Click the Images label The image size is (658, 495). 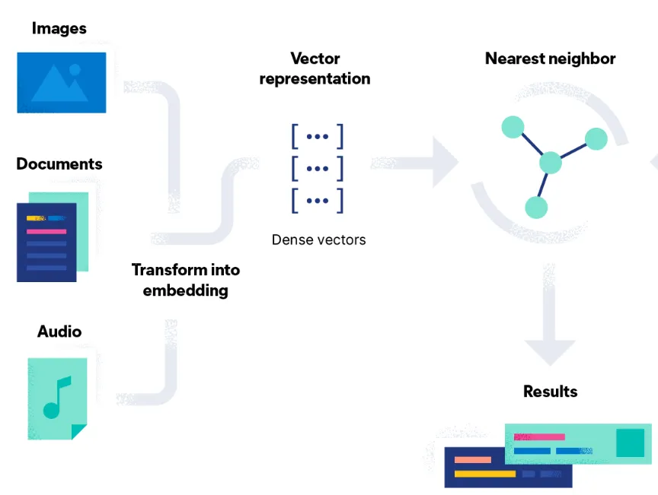59,29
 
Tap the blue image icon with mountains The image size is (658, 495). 62,82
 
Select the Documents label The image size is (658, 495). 59,164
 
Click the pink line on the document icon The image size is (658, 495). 46,231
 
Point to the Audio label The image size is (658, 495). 59,332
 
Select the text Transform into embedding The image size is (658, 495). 186,280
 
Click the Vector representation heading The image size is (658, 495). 315,68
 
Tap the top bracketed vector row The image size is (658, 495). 317,136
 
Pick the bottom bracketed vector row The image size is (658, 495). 317,201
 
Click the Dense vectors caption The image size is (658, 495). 318,240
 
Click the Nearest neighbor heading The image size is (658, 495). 551,59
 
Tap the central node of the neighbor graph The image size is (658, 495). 551,163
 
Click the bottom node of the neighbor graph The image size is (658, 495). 536,206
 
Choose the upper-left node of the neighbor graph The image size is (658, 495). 513,127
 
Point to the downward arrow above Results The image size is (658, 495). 551,319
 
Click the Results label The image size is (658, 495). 551,392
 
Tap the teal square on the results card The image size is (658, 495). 630,443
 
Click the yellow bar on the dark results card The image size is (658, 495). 485,474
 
